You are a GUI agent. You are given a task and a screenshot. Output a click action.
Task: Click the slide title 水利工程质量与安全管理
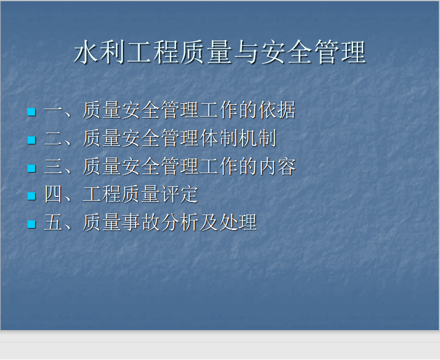point(220,52)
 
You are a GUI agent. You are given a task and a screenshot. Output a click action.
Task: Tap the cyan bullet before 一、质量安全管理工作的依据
point(32,112)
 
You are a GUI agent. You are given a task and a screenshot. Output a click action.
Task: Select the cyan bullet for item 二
point(32,140)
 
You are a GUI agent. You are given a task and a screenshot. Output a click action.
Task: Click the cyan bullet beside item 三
point(32,168)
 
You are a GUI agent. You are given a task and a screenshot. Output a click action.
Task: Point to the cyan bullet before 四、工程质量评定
point(32,196)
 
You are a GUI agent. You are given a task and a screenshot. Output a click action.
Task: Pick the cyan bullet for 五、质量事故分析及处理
point(32,224)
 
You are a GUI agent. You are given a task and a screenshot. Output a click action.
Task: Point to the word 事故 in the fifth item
point(141,222)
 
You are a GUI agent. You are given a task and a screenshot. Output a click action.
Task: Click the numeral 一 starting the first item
point(53,110)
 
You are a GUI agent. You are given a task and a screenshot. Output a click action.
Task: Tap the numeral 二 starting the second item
point(53,138)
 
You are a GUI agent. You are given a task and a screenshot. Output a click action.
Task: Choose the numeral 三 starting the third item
point(53,166)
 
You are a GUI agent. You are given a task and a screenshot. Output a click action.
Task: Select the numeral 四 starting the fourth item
point(53,194)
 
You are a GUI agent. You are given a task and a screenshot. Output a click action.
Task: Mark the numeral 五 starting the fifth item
point(53,222)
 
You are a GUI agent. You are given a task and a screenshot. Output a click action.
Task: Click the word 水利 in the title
point(99,52)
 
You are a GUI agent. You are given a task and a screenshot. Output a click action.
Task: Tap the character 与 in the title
point(246,52)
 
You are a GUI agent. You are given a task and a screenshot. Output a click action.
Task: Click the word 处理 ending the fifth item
point(238,222)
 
